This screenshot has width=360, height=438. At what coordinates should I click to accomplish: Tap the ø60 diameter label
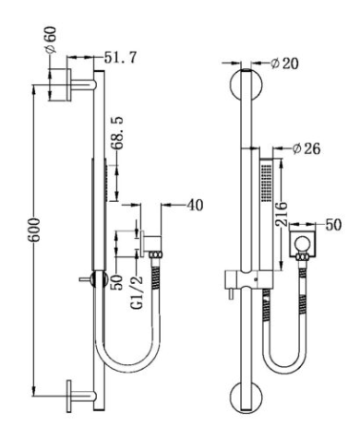coord(51,39)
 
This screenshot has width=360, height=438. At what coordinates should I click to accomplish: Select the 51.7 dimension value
coord(120,57)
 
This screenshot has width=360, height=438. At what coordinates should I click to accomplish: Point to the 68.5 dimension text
coord(118,133)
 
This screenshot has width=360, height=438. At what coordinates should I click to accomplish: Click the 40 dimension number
coord(195,206)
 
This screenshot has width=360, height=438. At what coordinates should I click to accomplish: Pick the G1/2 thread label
coord(138,292)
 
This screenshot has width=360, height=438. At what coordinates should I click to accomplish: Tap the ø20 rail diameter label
coord(284,64)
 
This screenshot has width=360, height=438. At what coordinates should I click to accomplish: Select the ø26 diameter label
coord(306,148)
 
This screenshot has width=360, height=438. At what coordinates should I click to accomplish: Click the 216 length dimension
coord(281,214)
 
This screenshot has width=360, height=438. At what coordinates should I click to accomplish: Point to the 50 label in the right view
coord(333,225)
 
